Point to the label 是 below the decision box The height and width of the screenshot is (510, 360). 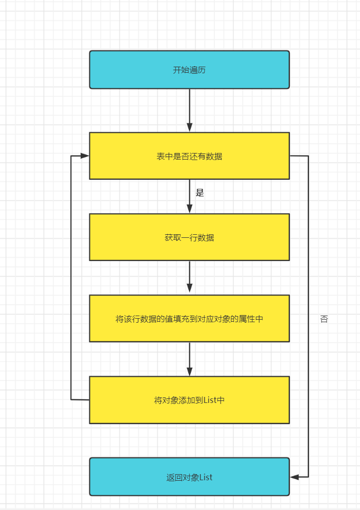(x=199, y=193)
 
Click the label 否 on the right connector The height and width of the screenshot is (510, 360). (x=324, y=319)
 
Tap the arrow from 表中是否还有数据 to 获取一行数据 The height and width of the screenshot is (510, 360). (x=189, y=197)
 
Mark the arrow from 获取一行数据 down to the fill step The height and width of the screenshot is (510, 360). (x=189, y=277)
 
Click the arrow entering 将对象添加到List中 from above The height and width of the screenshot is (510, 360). (x=189, y=359)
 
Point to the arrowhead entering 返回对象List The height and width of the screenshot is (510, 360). (x=295, y=477)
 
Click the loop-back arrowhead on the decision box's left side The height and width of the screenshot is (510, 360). (x=85, y=156)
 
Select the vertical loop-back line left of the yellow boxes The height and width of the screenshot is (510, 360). (x=71, y=278)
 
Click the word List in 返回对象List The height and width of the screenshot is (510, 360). (x=206, y=477)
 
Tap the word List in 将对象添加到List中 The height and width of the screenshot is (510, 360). (x=209, y=400)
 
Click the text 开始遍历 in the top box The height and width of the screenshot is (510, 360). (x=189, y=70)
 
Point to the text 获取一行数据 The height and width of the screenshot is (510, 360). (x=189, y=237)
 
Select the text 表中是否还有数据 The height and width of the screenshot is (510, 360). (x=189, y=157)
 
